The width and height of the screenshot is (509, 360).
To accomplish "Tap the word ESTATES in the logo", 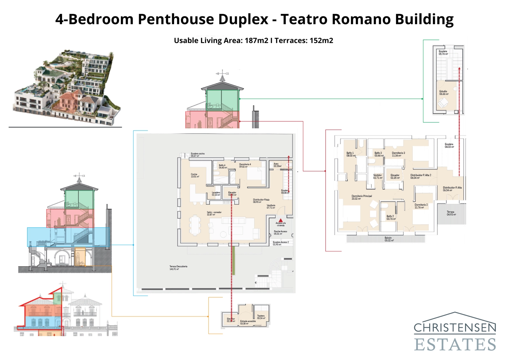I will pos(455,345).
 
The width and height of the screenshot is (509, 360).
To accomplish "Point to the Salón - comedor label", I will pos(214,213).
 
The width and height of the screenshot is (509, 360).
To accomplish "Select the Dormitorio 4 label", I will pos(245,165).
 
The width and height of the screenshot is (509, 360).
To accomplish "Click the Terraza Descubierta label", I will pos(178,267).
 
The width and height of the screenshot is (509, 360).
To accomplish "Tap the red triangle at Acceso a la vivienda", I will pos(280,220).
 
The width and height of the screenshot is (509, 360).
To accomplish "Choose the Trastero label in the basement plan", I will pos(261,317).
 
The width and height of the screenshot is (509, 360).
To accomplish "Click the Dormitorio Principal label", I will pos(361,197).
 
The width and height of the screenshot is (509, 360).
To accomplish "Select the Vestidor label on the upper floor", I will pos(377,176).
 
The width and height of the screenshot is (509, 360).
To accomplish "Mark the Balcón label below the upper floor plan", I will pos(388,239).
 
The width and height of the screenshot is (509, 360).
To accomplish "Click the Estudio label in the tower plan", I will pos(443,92).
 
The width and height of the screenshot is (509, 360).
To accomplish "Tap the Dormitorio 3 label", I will pos(398,154).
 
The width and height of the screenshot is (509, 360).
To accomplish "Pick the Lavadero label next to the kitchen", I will pos(216,194).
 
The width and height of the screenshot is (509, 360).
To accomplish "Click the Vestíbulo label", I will pos(271,206).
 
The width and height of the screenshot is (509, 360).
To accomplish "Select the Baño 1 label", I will pos(350,154).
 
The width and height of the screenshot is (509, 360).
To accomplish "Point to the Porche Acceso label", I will pos(280,232).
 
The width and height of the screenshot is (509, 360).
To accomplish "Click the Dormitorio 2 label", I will pos(421,206).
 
